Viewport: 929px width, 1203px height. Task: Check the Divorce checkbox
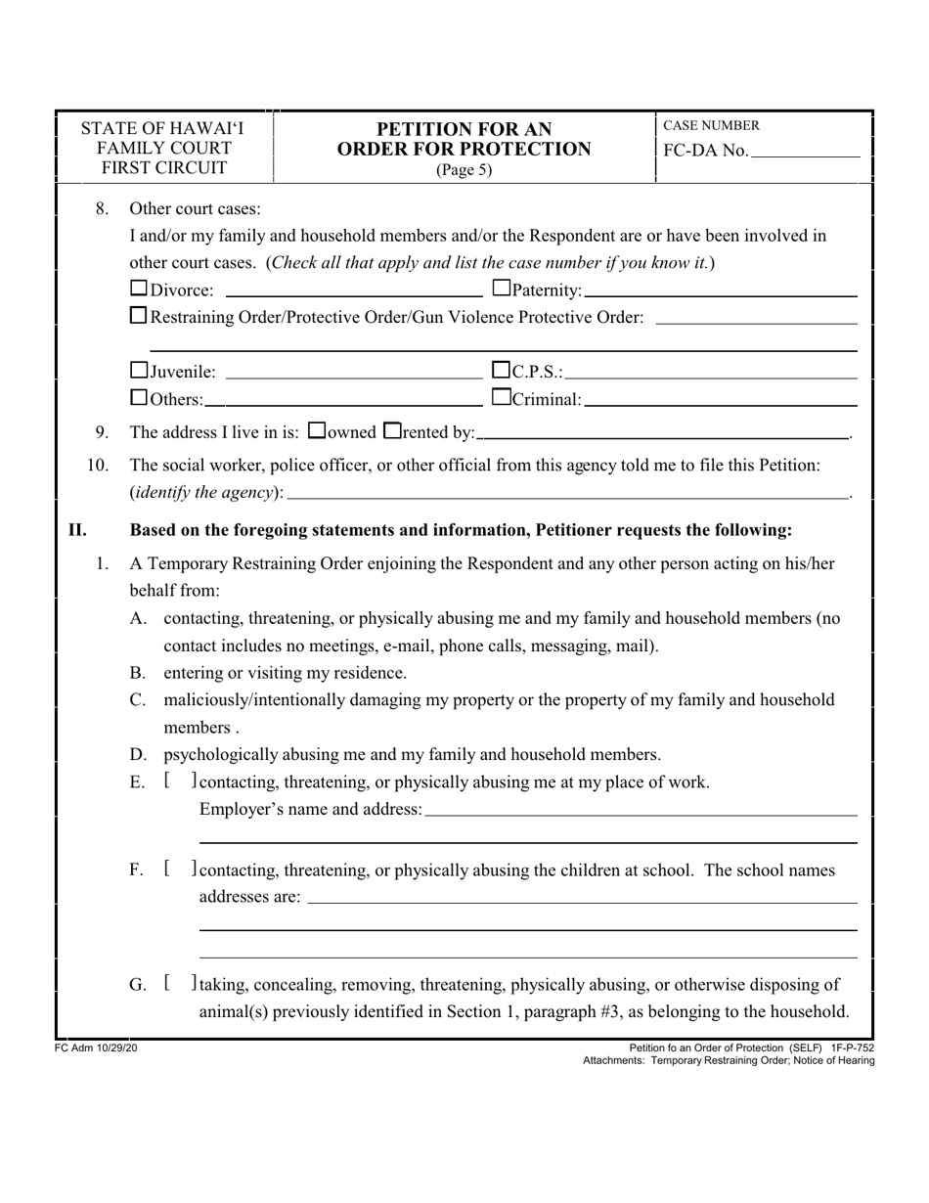[x=139, y=289]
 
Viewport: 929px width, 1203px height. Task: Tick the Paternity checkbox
[x=502, y=289]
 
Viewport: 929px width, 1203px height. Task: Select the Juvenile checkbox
[x=139, y=371]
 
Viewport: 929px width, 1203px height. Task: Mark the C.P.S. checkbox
[x=502, y=371]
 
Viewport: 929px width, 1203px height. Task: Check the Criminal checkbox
[x=502, y=398]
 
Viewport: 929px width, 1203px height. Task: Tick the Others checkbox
[x=139, y=398]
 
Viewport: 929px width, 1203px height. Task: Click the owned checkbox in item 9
[x=316, y=430]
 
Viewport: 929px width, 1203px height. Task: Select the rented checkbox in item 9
[x=392, y=430]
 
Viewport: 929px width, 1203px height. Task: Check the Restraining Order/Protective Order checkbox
[x=139, y=316]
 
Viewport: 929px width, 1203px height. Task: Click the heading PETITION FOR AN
[x=464, y=129]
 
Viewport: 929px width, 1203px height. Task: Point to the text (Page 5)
[x=464, y=169]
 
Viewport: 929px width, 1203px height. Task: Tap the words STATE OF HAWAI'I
[x=163, y=129]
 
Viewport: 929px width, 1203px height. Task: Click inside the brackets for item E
[x=181, y=780]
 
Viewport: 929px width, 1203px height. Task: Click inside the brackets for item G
[x=181, y=984]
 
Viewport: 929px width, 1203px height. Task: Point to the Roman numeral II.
[x=77, y=530]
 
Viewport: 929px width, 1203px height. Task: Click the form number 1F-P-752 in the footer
[x=851, y=1047]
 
